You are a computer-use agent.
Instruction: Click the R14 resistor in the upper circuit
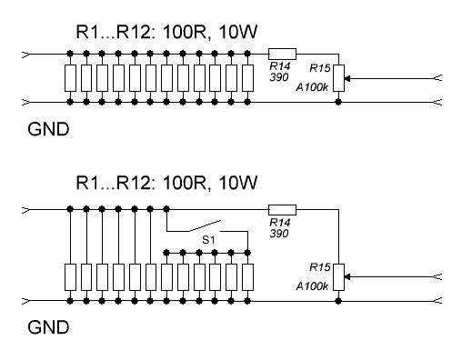pyautogui.click(x=282, y=54)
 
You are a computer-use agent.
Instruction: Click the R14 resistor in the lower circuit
pyautogui.click(x=282, y=210)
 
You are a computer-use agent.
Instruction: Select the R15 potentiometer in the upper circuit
pyautogui.click(x=338, y=78)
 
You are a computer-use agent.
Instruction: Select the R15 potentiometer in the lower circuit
pyautogui.click(x=338, y=277)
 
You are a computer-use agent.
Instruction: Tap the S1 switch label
pyautogui.click(x=208, y=240)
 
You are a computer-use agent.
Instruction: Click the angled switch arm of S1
pyautogui.click(x=205, y=226)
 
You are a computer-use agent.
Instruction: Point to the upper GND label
pyautogui.click(x=48, y=129)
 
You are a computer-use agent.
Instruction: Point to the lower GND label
pyautogui.click(x=48, y=327)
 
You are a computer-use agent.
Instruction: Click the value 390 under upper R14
pyautogui.click(x=279, y=77)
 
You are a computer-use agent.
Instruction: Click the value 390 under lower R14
pyautogui.click(x=279, y=234)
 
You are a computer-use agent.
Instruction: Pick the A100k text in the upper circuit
pyautogui.click(x=312, y=87)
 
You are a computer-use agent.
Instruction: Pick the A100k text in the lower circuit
pyautogui.click(x=312, y=286)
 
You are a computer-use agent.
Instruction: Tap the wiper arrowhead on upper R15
pyautogui.click(x=347, y=78)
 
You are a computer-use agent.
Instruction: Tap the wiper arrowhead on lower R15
pyautogui.click(x=347, y=277)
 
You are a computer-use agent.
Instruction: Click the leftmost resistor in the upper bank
pyautogui.click(x=70, y=78)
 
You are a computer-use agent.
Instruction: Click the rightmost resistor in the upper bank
pyautogui.click(x=247, y=78)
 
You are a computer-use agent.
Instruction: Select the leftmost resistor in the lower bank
pyautogui.click(x=70, y=277)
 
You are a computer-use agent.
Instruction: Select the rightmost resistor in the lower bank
pyautogui.click(x=247, y=277)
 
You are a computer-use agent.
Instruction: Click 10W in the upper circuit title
pyautogui.click(x=237, y=32)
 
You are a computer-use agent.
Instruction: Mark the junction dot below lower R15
pyautogui.click(x=338, y=301)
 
